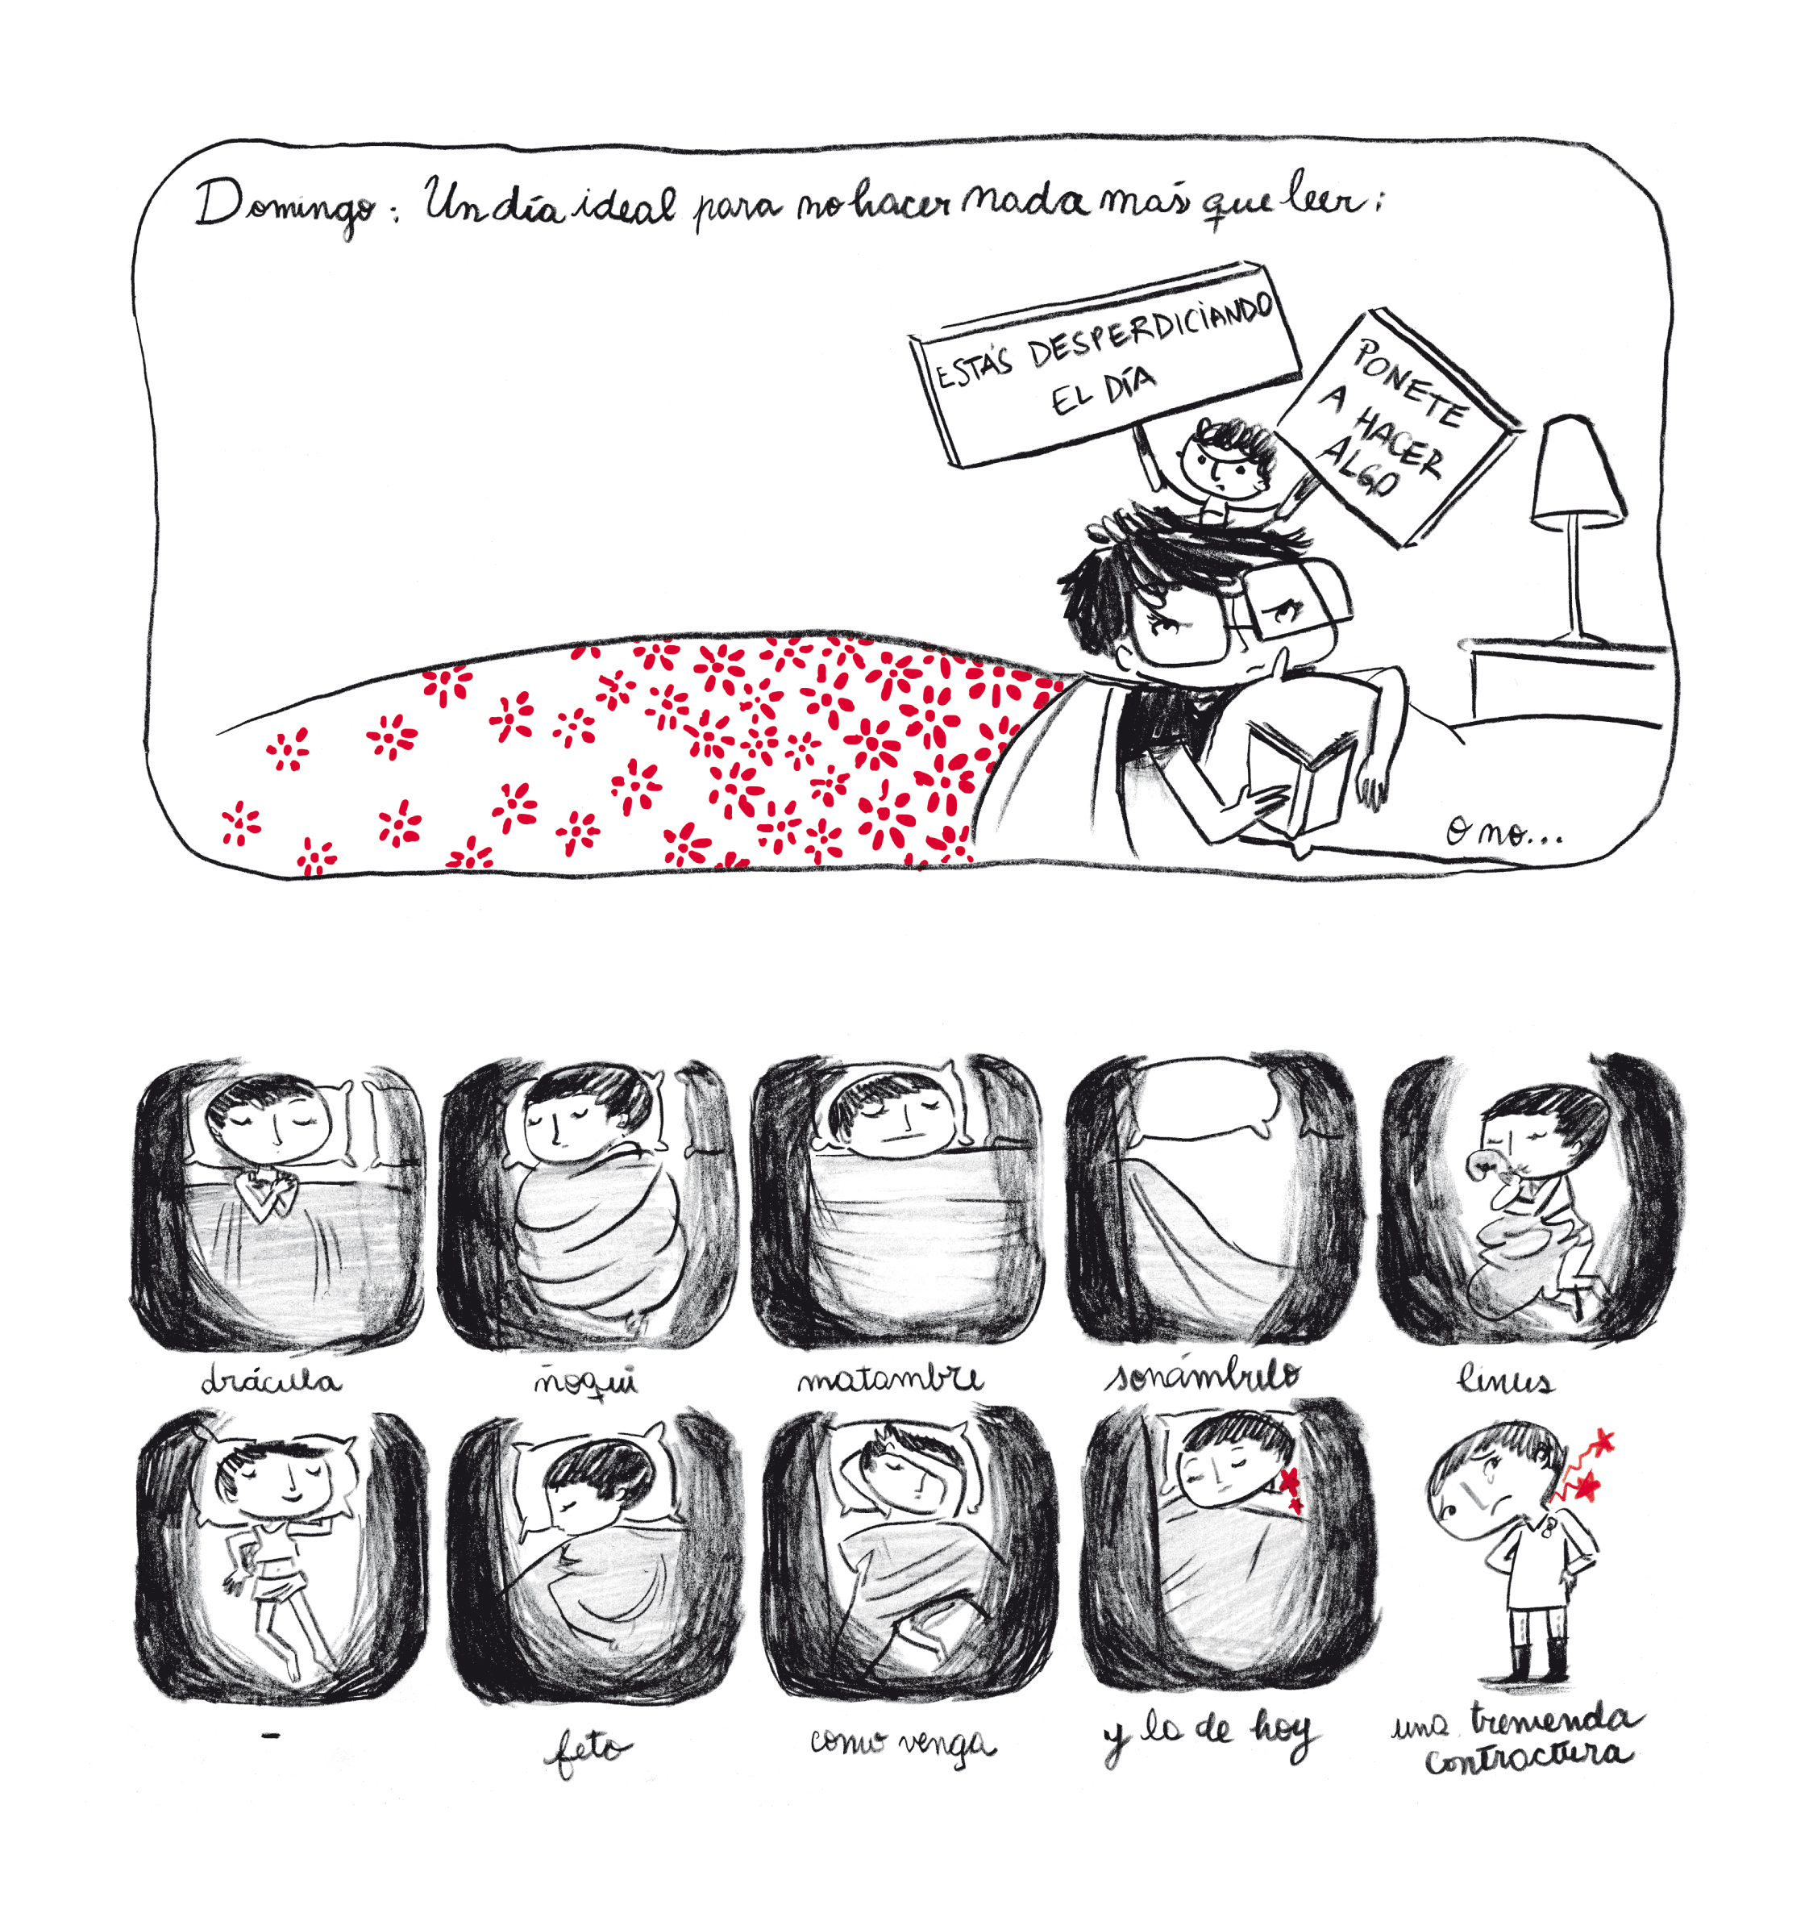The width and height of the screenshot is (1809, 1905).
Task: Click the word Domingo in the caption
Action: [x=285, y=206]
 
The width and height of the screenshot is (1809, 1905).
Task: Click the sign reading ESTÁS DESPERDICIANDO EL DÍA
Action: [x=1104, y=364]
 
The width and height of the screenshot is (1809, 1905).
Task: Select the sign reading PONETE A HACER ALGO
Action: [x=1397, y=427]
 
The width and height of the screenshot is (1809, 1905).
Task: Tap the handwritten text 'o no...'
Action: [x=1503, y=832]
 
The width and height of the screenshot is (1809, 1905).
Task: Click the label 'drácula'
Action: [x=271, y=1380]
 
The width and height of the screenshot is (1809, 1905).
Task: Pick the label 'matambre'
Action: [x=889, y=1378]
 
